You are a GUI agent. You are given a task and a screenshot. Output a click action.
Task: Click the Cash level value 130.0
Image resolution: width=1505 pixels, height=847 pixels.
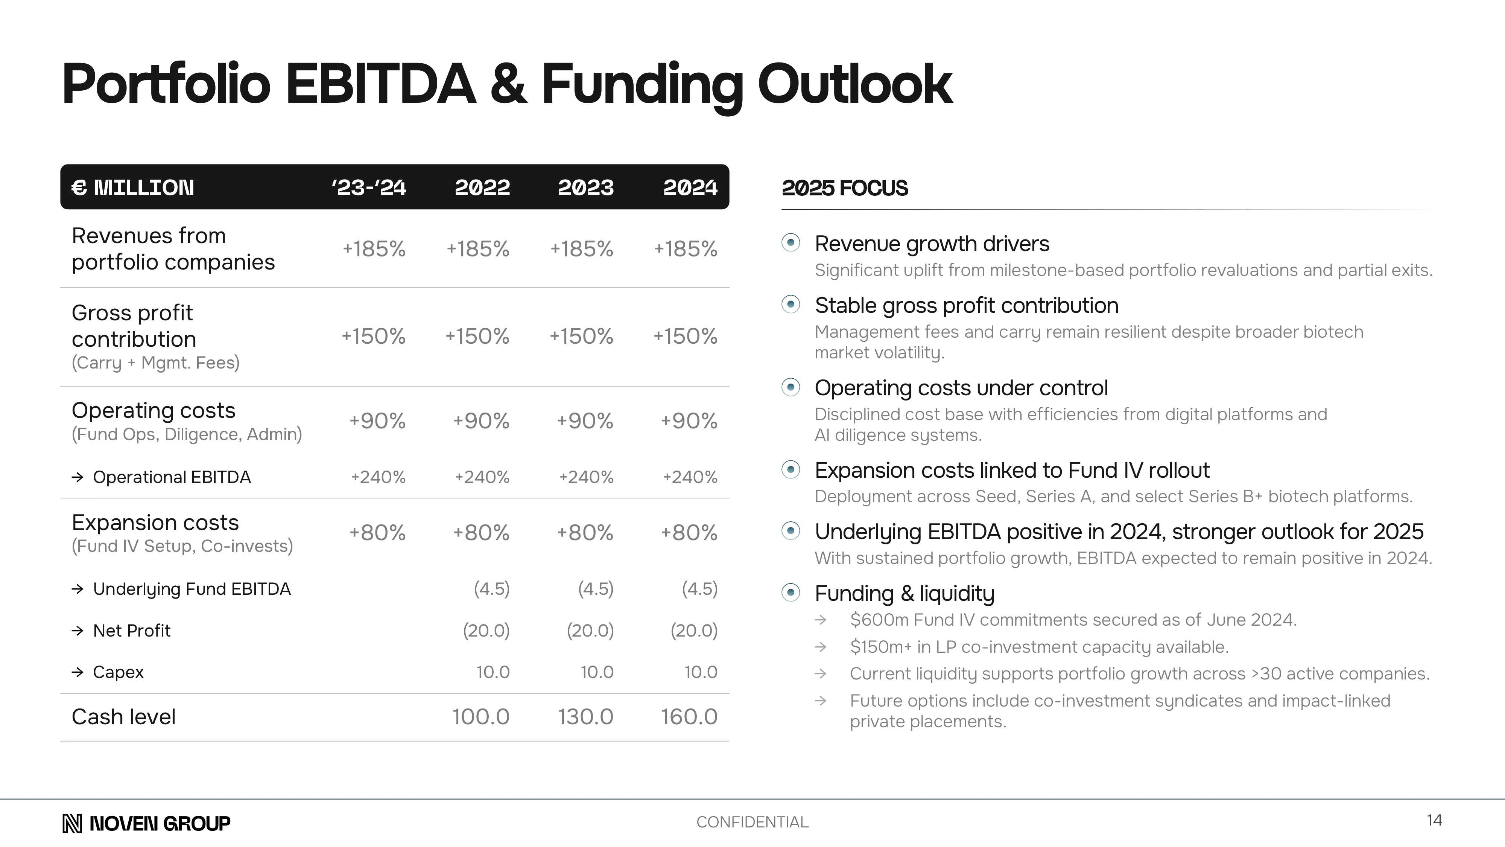pyautogui.click(x=585, y=717)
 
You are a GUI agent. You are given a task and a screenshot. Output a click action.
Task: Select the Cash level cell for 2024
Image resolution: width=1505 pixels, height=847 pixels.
pyautogui.click(x=689, y=717)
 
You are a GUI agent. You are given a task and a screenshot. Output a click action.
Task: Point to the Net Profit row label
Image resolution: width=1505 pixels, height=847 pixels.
pyautogui.click(x=131, y=631)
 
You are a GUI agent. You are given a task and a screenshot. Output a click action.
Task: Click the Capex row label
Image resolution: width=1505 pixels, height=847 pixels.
pyautogui.click(x=118, y=672)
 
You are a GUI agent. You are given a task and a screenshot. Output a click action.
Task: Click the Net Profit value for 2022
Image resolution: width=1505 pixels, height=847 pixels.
pyautogui.click(x=486, y=631)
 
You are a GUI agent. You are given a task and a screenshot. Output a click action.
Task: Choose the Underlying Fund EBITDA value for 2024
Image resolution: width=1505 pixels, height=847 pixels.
pyautogui.click(x=699, y=589)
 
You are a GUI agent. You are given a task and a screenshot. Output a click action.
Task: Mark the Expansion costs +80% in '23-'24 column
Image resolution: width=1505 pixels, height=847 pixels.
pyautogui.click(x=377, y=533)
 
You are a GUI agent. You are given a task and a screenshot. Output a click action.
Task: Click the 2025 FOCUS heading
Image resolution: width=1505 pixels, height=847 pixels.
pyautogui.click(x=844, y=188)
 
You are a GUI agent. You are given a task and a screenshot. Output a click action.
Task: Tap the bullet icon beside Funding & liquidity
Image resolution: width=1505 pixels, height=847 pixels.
pyautogui.click(x=791, y=593)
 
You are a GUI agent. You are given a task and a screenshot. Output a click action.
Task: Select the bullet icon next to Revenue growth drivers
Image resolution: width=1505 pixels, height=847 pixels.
pyautogui.click(x=791, y=242)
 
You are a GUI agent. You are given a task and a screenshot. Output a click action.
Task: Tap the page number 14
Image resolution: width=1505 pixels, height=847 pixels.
pyautogui.click(x=1434, y=820)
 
